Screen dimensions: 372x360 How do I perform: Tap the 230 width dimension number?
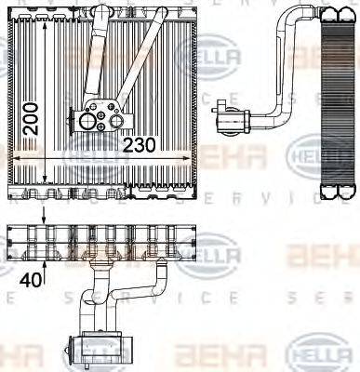coord(140,145)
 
